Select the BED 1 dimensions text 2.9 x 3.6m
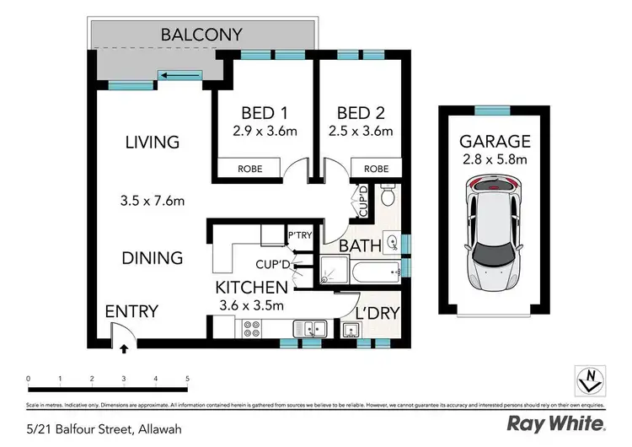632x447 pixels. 264,131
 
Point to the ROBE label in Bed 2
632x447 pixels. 376,169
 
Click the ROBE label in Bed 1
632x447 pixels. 249,169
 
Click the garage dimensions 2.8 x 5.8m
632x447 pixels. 495,159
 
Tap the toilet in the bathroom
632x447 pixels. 388,197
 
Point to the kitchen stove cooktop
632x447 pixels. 252,327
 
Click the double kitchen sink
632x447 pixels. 308,328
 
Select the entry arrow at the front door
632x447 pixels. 124,347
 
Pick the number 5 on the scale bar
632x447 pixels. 187,379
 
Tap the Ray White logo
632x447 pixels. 555,423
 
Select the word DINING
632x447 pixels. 153,257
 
